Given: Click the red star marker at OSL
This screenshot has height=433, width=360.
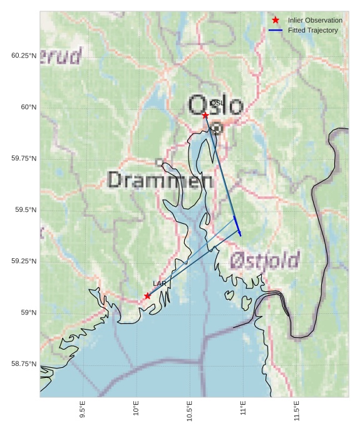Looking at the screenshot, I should [205, 115].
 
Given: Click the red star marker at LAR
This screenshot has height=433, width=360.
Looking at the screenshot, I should [147, 296].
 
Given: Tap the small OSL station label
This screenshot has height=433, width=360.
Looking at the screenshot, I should [217, 103].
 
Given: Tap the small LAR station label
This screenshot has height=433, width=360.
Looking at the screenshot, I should [159, 284].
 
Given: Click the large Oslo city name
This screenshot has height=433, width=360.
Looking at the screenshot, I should [215, 105].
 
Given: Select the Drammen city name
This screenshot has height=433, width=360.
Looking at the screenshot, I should [160, 180].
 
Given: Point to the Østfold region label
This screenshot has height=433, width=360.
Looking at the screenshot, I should [264, 260].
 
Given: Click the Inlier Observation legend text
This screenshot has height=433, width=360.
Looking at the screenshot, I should [315, 21].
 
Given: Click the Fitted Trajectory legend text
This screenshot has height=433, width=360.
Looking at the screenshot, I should [312, 30].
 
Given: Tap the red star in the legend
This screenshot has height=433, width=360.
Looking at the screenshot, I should [275, 21].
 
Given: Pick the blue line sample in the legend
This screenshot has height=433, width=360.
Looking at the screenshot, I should [275, 30].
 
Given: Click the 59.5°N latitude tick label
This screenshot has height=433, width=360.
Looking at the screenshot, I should [26, 210].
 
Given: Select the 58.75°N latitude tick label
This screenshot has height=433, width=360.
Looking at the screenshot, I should [24, 364].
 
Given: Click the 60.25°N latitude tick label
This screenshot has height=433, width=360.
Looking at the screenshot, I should [24, 56].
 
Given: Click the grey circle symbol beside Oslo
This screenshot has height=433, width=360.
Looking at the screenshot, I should [217, 128].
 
